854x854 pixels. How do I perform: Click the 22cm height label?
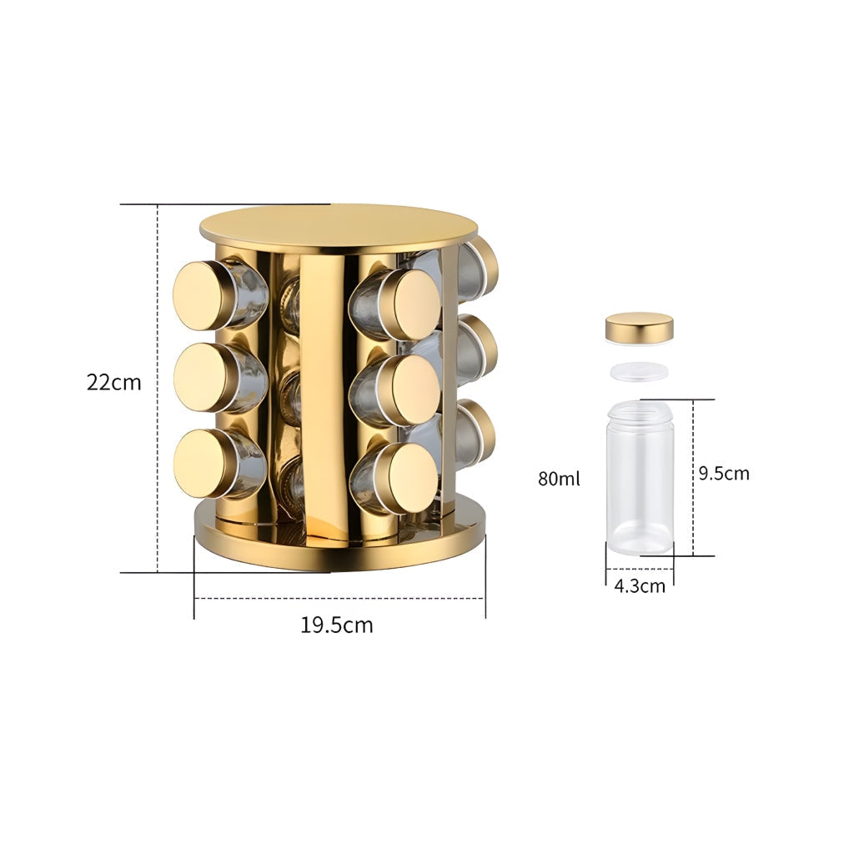(x=113, y=382)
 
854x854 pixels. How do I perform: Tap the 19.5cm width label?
(x=337, y=625)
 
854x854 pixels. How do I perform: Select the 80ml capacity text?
(x=559, y=479)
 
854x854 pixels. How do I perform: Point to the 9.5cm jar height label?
(x=724, y=474)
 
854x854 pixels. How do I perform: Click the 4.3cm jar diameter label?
(x=640, y=586)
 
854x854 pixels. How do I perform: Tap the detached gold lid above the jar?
(x=640, y=328)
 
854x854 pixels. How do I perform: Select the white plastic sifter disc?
(x=639, y=371)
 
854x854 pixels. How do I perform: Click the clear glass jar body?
(x=640, y=478)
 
